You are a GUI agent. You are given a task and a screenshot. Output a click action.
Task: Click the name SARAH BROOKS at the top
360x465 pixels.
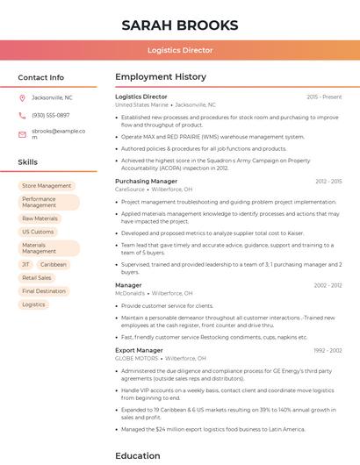click(x=180, y=25)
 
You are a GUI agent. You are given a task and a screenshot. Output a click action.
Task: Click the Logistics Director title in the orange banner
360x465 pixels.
click(x=180, y=50)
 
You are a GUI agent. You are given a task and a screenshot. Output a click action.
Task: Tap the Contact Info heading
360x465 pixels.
click(x=40, y=77)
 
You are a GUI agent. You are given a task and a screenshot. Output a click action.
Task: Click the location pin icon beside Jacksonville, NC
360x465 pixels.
click(x=22, y=97)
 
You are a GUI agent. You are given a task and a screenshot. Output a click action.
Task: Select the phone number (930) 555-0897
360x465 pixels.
click(x=50, y=115)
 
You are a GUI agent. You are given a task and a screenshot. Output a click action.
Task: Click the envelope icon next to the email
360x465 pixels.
click(x=22, y=133)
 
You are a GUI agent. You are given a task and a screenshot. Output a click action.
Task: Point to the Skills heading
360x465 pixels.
click(x=28, y=162)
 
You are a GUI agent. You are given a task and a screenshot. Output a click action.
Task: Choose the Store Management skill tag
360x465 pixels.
click(x=47, y=186)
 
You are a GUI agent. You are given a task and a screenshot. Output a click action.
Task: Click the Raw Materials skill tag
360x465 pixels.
click(x=40, y=218)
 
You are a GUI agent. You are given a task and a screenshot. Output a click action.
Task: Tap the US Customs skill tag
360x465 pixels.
click(x=38, y=232)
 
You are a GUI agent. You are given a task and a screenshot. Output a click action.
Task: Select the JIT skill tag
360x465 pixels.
click(x=25, y=264)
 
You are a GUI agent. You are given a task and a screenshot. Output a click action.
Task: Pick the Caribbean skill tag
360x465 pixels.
click(x=53, y=264)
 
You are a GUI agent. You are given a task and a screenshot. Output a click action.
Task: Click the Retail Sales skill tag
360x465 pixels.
click(x=37, y=277)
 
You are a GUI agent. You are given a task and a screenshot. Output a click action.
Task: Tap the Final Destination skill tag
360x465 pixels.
click(x=44, y=291)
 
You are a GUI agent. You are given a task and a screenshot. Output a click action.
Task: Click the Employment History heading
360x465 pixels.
click(x=161, y=77)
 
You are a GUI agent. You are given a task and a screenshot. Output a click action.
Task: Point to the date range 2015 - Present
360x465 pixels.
click(x=324, y=97)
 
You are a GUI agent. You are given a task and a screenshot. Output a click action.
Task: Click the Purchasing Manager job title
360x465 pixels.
click(x=146, y=181)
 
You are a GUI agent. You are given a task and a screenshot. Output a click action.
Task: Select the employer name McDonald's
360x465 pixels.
click(x=130, y=293)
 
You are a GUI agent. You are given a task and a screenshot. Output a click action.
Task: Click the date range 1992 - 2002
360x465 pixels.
click(x=328, y=350)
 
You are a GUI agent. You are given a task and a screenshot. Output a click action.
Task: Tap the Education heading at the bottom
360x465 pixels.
click(x=138, y=455)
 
